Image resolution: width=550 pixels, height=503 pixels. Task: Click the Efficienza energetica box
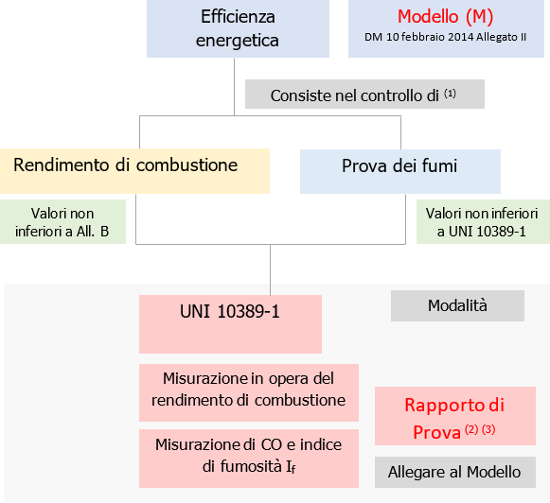point(237,28)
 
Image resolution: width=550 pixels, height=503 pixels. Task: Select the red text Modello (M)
point(445,17)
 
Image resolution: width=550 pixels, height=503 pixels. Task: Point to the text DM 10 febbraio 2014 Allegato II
point(445,37)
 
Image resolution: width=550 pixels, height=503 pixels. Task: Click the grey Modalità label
point(457,305)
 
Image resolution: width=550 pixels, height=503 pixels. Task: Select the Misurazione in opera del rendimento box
point(249,388)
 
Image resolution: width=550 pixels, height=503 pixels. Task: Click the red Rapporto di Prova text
point(454,407)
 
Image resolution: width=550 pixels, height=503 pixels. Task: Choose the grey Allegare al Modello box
point(454,472)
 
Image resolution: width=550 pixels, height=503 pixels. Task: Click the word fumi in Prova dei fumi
point(438,166)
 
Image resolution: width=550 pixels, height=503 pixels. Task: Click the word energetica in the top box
point(237,41)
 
